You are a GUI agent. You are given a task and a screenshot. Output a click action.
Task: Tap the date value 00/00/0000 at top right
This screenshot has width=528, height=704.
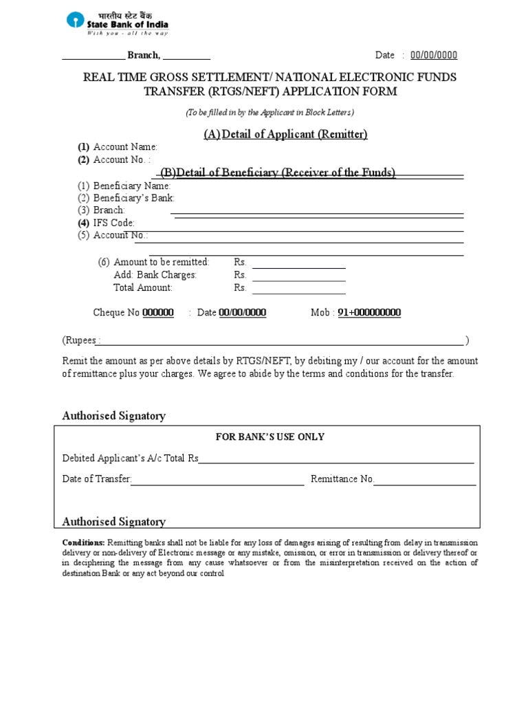(434, 56)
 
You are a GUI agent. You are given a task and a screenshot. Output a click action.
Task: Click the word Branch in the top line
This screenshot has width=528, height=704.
(143, 56)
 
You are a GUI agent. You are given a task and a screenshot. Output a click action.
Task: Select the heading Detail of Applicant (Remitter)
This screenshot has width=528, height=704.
(285, 134)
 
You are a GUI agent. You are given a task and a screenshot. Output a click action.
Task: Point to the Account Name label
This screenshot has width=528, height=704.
(125, 147)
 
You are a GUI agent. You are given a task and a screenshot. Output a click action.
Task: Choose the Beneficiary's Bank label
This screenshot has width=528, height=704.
(134, 198)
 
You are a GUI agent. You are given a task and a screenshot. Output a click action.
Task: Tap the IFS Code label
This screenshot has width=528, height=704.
(114, 223)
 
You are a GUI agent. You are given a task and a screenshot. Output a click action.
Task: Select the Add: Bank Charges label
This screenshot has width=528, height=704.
(155, 275)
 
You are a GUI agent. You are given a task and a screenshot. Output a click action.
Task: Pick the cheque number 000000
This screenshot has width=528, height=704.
(158, 313)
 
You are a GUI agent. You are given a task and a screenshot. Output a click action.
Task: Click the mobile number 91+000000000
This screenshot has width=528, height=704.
(369, 313)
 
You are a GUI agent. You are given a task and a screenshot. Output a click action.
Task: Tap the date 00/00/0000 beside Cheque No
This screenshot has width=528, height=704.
(243, 313)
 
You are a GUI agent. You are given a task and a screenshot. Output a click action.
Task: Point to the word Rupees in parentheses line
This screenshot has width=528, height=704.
(82, 340)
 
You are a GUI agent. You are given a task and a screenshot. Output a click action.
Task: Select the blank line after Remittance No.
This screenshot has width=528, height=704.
(425, 480)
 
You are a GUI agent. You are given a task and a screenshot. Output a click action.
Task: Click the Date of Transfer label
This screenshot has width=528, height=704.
(96, 479)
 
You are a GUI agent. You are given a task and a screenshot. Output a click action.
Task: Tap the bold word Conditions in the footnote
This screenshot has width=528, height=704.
(83, 542)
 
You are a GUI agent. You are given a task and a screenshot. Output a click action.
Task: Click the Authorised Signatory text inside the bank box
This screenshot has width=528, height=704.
(114, 522)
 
